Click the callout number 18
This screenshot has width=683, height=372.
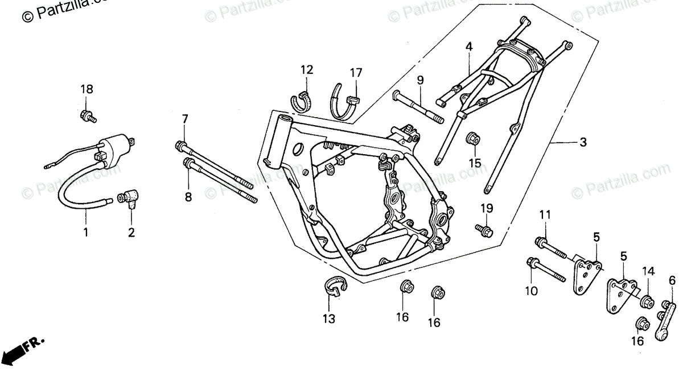pyautogui.click(x=87, y=89)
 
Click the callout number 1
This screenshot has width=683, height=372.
pyautogui.click(x=86, y=233)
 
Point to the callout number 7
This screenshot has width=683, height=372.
pyautogui.click(x=184, y=119)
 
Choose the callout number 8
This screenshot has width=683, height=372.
pyautogui.click(x=188, y=197)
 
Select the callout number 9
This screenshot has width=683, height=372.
pyautogui.click(x=420, y=81)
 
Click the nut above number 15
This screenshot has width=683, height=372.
pyautogui.click(x=472, y=138)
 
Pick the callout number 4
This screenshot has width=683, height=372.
pyautogui.click(x=469, y=47)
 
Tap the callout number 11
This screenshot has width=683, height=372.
pyautogui.click(x=545, y=215)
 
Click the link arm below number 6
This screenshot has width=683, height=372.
pyautogui.click(x=665, y=322)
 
